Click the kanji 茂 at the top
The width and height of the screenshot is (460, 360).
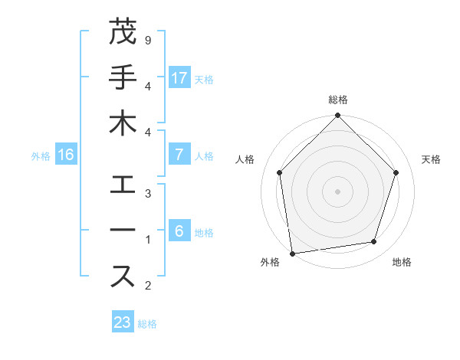[123, 32]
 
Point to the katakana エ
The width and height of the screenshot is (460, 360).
[123, 185]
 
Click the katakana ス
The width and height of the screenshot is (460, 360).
[123, 277]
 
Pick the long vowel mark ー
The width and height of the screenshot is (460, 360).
[123, 231]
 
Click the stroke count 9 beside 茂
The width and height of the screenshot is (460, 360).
[147, 39]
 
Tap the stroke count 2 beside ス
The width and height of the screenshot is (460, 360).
[147, 285]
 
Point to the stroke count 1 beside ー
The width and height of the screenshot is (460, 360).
[147, 239]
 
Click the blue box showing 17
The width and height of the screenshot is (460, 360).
[179, 78]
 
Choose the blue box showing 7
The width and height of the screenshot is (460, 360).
[179, 155]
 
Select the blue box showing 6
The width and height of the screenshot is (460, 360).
[179, 231]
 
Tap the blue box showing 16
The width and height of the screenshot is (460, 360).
[66, 155]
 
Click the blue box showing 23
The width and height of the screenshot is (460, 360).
[123, 322]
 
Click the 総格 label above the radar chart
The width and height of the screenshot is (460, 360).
[337, 100]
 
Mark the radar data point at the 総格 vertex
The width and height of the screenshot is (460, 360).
[337, 116]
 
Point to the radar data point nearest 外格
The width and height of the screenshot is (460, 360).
[292, 253]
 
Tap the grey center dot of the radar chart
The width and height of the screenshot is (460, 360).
[337, 191]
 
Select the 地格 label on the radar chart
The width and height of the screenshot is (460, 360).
[402, 263]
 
